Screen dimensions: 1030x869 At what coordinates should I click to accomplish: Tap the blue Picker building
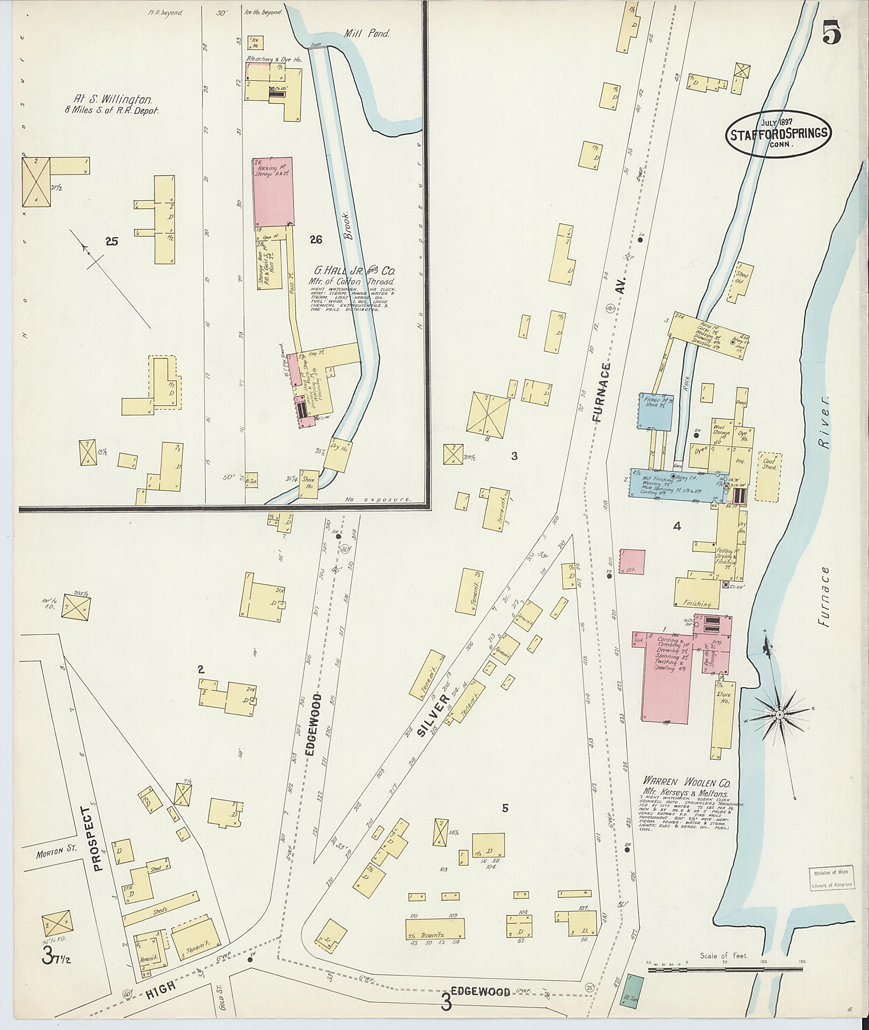[x=656, y=410]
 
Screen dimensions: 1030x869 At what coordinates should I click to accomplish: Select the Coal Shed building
[x=768, y=476]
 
